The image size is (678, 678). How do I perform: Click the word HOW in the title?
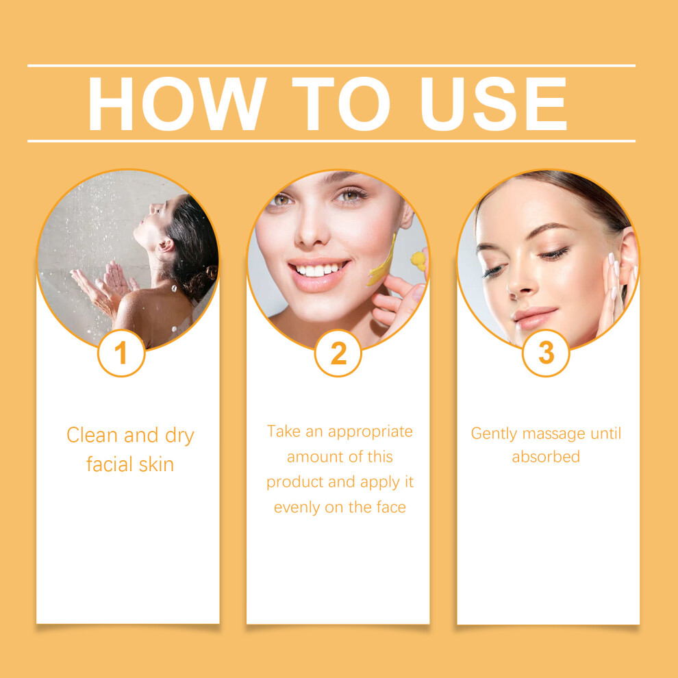[x=177, y=104]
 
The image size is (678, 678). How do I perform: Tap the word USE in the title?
[x=494, y=104]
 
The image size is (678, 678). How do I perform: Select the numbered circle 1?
[x=121, y=353]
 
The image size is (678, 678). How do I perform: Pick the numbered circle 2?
[x=338, y=353]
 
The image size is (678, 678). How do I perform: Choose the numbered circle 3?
[x=546, y=353]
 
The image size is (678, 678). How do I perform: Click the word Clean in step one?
[x=91, y=435]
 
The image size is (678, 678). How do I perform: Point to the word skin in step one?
[x=157, y=464]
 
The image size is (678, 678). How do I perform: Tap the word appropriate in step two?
[x=370, y=432]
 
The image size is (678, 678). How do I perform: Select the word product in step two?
[x=295, y=483]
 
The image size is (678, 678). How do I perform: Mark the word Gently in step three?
[x=494, y=434]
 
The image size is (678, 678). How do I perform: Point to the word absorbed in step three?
[x=546, y=457]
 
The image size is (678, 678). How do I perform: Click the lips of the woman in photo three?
[x=535, y=317]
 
